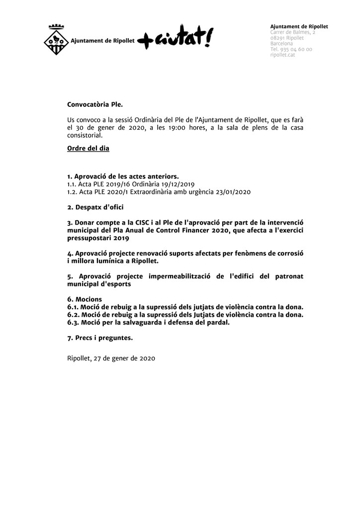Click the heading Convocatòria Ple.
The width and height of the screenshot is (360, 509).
click(x=94, y=105)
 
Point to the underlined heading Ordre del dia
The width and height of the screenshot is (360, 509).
click(x=88, y=148)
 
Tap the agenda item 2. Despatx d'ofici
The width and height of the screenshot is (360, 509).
click(x=95, y=206)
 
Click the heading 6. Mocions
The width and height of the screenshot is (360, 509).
click(x=85, y=299)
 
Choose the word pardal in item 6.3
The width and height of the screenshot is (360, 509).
click(x=217, y=323)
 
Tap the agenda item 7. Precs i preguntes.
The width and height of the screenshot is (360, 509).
click(x=100, y=338)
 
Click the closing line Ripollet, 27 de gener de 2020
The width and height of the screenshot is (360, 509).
click(x=111, y=358)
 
